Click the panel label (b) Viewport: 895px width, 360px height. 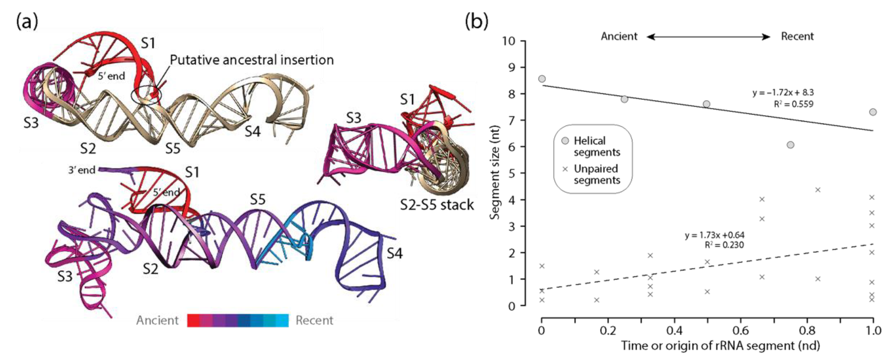[476, 22]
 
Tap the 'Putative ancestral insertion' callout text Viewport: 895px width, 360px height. [251, 60]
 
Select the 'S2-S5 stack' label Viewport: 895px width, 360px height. [437, 205]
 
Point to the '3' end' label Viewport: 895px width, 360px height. [82, 170]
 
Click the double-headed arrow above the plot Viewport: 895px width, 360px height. [709, 36]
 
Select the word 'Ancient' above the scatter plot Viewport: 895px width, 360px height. [619, 36]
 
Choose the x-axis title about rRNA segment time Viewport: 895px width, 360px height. [721, 346]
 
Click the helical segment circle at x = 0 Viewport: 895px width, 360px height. [542, 79]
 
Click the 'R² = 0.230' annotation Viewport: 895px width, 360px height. [724, 245]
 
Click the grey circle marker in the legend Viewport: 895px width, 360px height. [565, 141]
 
